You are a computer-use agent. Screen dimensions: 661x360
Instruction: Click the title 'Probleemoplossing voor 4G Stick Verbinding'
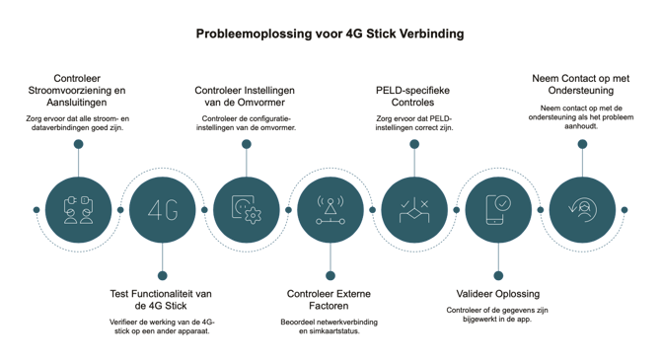[x=330, y=34]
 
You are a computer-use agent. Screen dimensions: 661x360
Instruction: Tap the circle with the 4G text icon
[x=163, y=210]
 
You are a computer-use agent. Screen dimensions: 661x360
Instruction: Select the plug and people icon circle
[x=78, y=210]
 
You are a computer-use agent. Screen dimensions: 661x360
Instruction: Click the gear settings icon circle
[x=247, y=210]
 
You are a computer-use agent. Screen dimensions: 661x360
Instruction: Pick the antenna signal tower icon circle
[x=330, y=210]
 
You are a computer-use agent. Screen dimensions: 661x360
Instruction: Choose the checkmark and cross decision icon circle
[x=414, y=210]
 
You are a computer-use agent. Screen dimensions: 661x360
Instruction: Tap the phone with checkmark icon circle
[x=498, y=210]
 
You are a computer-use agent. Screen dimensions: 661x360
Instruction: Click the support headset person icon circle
[x=582, y=210]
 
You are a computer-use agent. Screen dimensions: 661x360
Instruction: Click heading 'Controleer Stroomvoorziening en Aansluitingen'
[x=77, y=90]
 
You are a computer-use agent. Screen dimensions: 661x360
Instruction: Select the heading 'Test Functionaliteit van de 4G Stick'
[x=161, y=300]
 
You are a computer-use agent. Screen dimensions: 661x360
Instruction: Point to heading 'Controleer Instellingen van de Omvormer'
[x=245, y=96]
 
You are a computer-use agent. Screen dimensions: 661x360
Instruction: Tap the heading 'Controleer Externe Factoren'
[x=329, y=300]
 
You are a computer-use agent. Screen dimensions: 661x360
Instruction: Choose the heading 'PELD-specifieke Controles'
[x=412, y=96]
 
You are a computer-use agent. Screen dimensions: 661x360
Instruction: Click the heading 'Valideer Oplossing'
[x=498, y=294]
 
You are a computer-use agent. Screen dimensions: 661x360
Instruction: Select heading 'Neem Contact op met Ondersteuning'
[x=580, y=84]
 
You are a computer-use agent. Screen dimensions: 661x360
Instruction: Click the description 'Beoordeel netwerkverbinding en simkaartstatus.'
[x=330, y=326]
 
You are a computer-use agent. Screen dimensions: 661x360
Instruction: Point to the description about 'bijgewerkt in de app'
[x=497, y=315]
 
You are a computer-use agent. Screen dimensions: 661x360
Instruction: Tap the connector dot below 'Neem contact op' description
[x=582, y=144]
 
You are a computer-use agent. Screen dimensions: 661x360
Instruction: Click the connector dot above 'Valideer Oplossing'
[x=498, y=276]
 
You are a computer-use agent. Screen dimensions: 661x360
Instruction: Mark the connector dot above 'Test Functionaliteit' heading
[x=163, y=276]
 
